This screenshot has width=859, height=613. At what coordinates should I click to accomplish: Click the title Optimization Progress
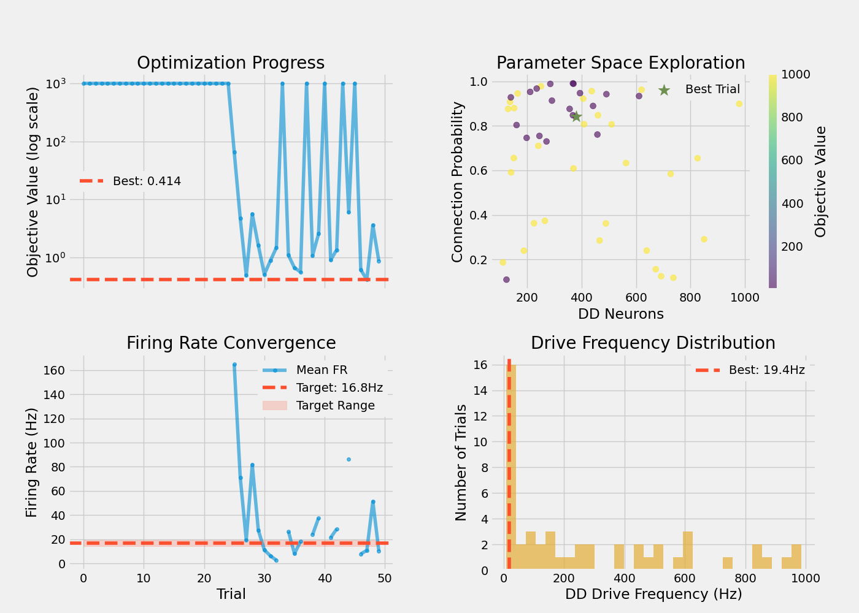231,63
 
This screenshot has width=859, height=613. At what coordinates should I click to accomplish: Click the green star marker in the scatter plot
576,116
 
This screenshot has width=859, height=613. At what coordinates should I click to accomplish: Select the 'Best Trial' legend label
712,89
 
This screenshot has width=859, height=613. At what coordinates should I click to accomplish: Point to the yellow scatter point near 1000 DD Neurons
739,104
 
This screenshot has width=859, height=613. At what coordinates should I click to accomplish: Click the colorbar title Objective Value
820,181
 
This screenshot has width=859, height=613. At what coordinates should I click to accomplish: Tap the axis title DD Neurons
620,314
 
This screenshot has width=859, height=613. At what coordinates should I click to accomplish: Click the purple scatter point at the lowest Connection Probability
506,280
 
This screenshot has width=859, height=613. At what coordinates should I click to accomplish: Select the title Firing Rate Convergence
231,343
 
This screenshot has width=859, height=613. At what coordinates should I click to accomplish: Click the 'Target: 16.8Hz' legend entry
339,388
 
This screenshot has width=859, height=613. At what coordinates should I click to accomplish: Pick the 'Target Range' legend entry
335,406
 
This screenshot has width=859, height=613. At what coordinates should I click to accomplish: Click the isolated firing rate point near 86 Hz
349,459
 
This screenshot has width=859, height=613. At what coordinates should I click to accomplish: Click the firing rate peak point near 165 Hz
234,365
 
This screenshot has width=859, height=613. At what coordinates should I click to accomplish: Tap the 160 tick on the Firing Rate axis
55,370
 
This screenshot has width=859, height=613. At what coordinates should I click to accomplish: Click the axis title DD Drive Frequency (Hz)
653,594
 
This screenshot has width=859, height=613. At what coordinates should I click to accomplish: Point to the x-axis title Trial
231,594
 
